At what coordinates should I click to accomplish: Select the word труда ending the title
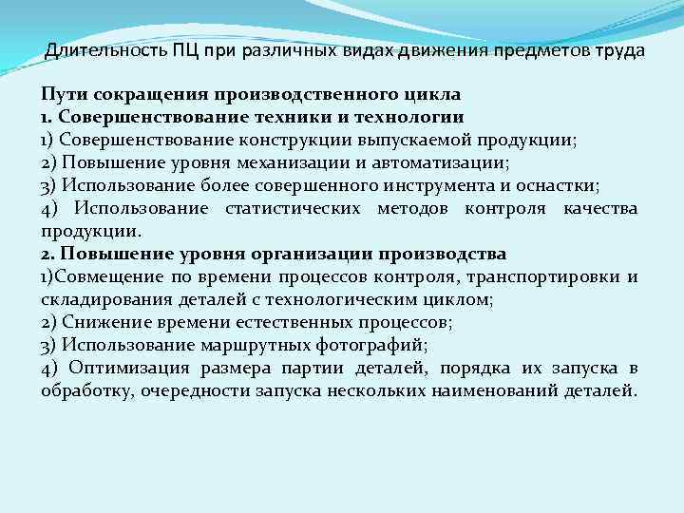(x=618, y=49)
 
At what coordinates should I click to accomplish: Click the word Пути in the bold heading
(x=60, y=95)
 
